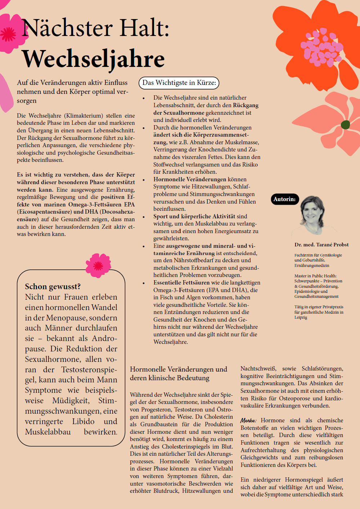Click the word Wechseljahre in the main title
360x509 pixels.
point(93,59)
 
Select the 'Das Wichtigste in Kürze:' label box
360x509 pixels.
point(179,83)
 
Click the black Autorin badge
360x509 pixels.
point(284,199)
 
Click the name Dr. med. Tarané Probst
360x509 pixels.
point(321,245)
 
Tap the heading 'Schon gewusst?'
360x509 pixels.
point(53,286)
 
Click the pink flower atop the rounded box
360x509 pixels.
point(98,265)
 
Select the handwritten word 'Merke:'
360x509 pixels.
point(248,421)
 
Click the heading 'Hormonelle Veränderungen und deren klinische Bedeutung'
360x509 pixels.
point(179,373)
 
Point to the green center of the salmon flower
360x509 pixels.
point(345,125)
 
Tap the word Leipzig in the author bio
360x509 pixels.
point(301,318)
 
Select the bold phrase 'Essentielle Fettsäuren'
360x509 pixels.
point(181,283)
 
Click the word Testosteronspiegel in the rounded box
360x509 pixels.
point(89,370)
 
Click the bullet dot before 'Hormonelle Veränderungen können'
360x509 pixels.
point(144,180)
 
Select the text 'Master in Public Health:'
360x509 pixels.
point(315,276)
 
